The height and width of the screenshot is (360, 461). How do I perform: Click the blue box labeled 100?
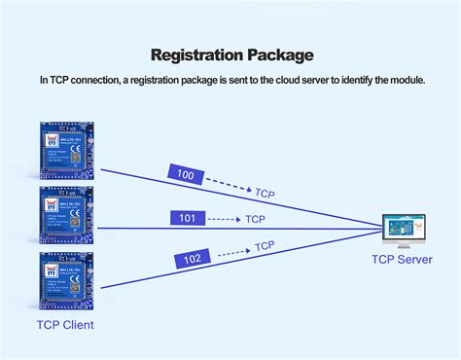coord(185,175)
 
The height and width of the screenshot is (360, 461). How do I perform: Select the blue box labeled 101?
coord(189,218)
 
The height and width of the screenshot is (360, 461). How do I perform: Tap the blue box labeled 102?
coord(192,259)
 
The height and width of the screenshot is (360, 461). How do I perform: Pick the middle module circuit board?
coord(66,214)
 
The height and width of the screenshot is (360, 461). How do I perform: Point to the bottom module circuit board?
coord(66,279)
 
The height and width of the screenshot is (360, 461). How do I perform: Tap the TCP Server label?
coord(403,260)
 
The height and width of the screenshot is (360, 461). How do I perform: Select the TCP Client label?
coord(66,324)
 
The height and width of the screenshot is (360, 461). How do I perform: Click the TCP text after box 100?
coord(265,194)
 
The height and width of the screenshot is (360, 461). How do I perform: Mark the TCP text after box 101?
coord(255,219)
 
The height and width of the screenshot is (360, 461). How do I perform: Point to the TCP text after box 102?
coord(264,246)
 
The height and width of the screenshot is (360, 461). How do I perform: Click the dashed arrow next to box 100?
coord(229,185)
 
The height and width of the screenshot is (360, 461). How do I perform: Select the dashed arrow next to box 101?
coord(224,219)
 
